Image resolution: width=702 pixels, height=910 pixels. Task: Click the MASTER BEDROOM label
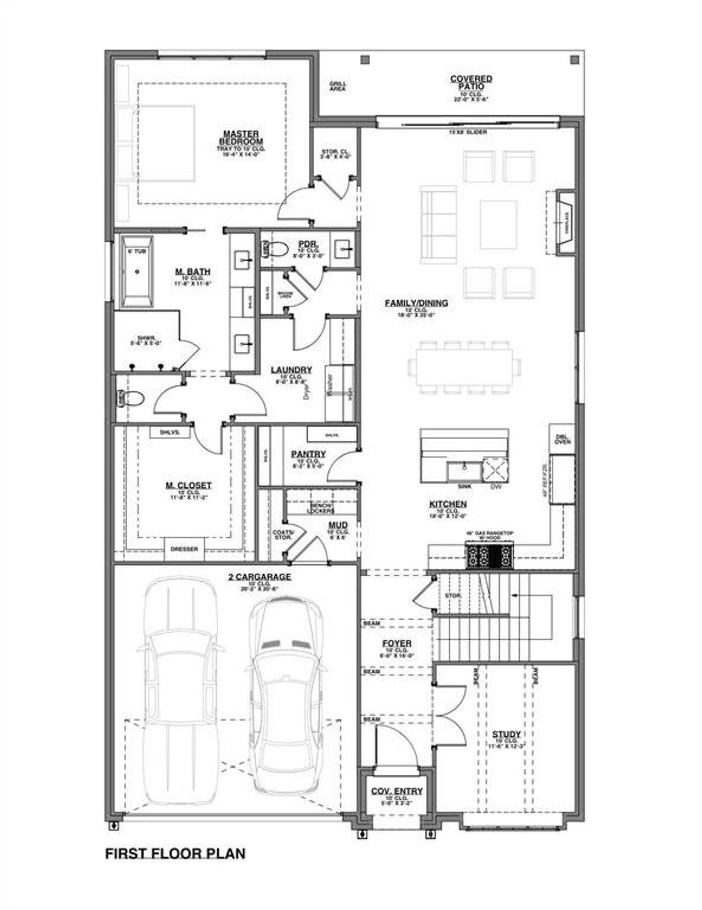pyautogui.click(x=241, y=137)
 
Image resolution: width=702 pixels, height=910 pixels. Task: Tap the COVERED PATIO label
pyautogui.click(x=471, y=82)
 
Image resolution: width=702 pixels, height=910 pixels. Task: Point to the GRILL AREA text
pyautogui.click(x=337, y=86)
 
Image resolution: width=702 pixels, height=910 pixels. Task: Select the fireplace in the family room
pyautogui.click(x=565, y=222)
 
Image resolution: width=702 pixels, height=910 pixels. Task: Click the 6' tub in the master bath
pyautogui.click(x=137, y=271)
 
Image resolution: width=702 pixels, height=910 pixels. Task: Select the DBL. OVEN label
pyautogui.click(x=563, y=439)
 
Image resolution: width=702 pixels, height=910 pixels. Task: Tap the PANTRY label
pyautogui.click(x=308, y=454)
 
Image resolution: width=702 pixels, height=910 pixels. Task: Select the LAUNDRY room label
pyautogui.click(x=291, y=370)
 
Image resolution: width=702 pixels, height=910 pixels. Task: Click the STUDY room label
pyautogui.click(x=506, y=734)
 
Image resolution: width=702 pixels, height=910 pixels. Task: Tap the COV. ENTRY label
pyautogui.click(x=397, y=791)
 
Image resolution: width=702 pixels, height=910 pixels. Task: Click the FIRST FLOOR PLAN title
pyautogui.click(x=175, y=854)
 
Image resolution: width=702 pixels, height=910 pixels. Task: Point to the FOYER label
pyautogui.click(x=397, y=643)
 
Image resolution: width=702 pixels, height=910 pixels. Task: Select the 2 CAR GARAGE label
pyautogui.click(x=259, y=577)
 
